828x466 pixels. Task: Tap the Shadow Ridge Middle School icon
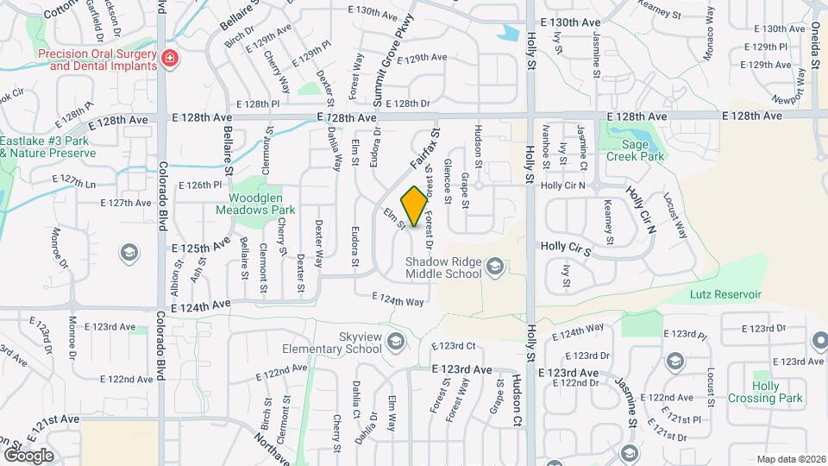click(494, 267)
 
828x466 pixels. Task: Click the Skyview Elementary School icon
click(396, 342)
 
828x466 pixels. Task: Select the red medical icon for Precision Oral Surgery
click(170, 59)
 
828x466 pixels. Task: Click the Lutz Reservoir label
click(725, 294)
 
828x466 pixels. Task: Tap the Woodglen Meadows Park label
click(256, 203)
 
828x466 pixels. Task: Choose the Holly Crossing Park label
click(765, 392)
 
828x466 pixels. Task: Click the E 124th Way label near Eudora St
click(398, 300)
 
